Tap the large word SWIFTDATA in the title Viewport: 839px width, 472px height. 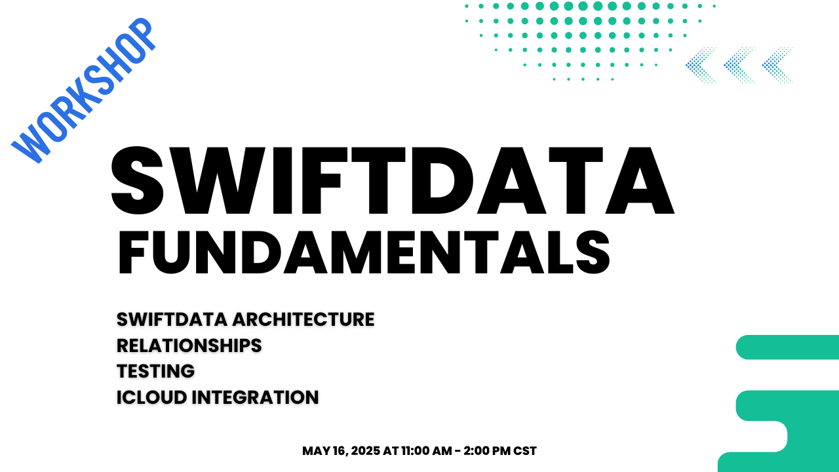pyautogui.click(x=393, y=180)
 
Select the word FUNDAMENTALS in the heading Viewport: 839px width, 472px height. pyautogui.click(x=364, y=252)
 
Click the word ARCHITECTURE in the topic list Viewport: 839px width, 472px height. pyautogui.click(x=303, y=319)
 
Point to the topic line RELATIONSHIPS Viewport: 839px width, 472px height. pyautogui.click(x=189, y=345)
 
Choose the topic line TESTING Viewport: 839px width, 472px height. pyautogui.click(x=156, y=371)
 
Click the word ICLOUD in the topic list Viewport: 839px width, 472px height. pyautogui.click(x=151, y=397)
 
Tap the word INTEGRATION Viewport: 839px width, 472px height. pyautogui.click(x=255, y=397)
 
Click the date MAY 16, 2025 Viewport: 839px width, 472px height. pyautogui.click(x=341, y=451)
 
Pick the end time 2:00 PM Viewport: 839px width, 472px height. pyautogui.click(x=487, y=451)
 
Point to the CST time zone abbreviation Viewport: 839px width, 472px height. pyautogui.click(x=525, y=451)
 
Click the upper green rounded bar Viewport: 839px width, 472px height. pyautogui.click(x=787, y=347)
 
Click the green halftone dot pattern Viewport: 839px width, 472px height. pyautogui.click(x=590, y=41)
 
